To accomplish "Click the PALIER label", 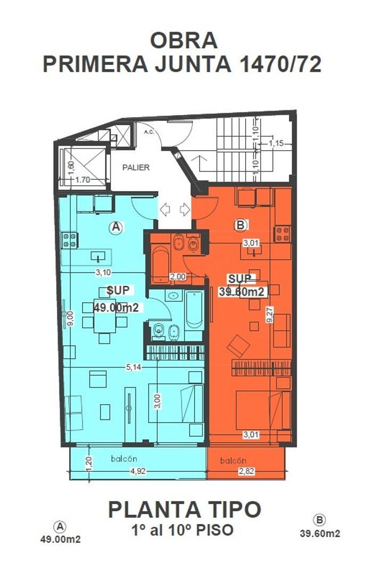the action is click(136, 168).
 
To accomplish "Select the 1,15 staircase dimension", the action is click(276, 143).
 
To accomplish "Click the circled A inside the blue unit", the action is click(116, 227).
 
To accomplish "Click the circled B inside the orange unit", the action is click(240, 225).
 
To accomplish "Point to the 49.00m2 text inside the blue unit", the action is click(116, 307).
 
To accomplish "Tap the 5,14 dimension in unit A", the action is click(134, 367).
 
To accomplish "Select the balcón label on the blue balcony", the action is click(124, 459).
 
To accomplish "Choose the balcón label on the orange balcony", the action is click(233, 461).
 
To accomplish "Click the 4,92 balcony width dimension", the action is click(138, 471).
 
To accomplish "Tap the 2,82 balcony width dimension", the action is click(246, 471).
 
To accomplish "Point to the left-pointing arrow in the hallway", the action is click(165, 210).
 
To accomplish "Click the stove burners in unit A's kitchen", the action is click(69, 240).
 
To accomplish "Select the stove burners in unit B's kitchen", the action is click(282, 234).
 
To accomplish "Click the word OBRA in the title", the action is click(184, 40).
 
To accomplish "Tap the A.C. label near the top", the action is click(149, 132).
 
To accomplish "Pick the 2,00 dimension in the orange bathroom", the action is click(179, 277).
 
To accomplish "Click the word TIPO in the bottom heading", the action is click(232, 510).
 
